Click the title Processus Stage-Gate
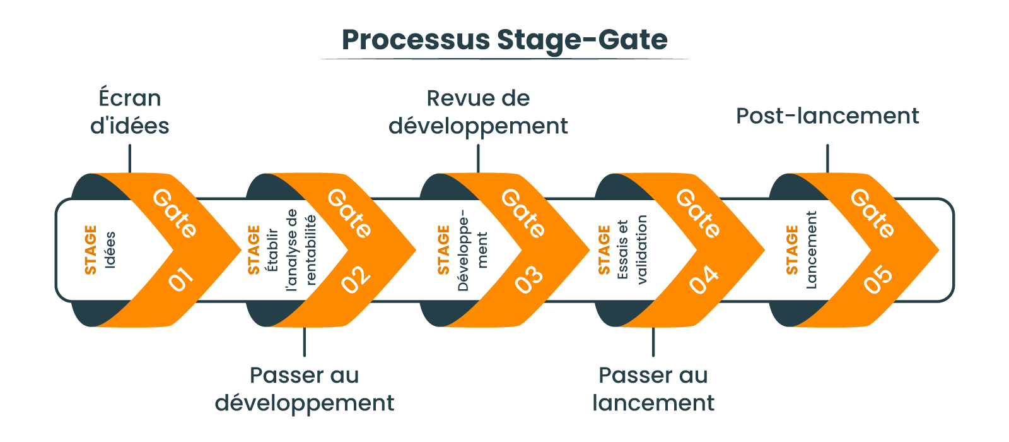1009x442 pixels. [504, 40]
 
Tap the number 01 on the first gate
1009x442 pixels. [180, 279]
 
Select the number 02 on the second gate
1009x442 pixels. [355, 279]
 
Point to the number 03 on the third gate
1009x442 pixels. [529, 279]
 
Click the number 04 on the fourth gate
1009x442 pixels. [704, 279]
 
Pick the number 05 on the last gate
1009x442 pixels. [878, 279]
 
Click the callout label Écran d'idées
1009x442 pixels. [130, 112]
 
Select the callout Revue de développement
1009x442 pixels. [478, 112]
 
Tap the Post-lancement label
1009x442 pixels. [827, 116]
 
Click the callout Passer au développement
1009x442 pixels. [304, 389]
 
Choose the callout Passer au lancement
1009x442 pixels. [653, 389]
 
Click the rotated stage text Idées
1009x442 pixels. [110, 250]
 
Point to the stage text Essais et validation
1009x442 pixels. [633, 250]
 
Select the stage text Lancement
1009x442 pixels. [811, 250]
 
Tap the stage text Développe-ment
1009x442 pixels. [472, 250]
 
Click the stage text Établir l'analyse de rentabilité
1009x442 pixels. [291, 250]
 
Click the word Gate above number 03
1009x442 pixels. [523, 213]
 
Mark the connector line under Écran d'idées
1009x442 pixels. [130, 158]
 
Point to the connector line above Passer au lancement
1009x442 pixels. [653, 342]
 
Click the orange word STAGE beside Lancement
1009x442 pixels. [792, 250]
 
